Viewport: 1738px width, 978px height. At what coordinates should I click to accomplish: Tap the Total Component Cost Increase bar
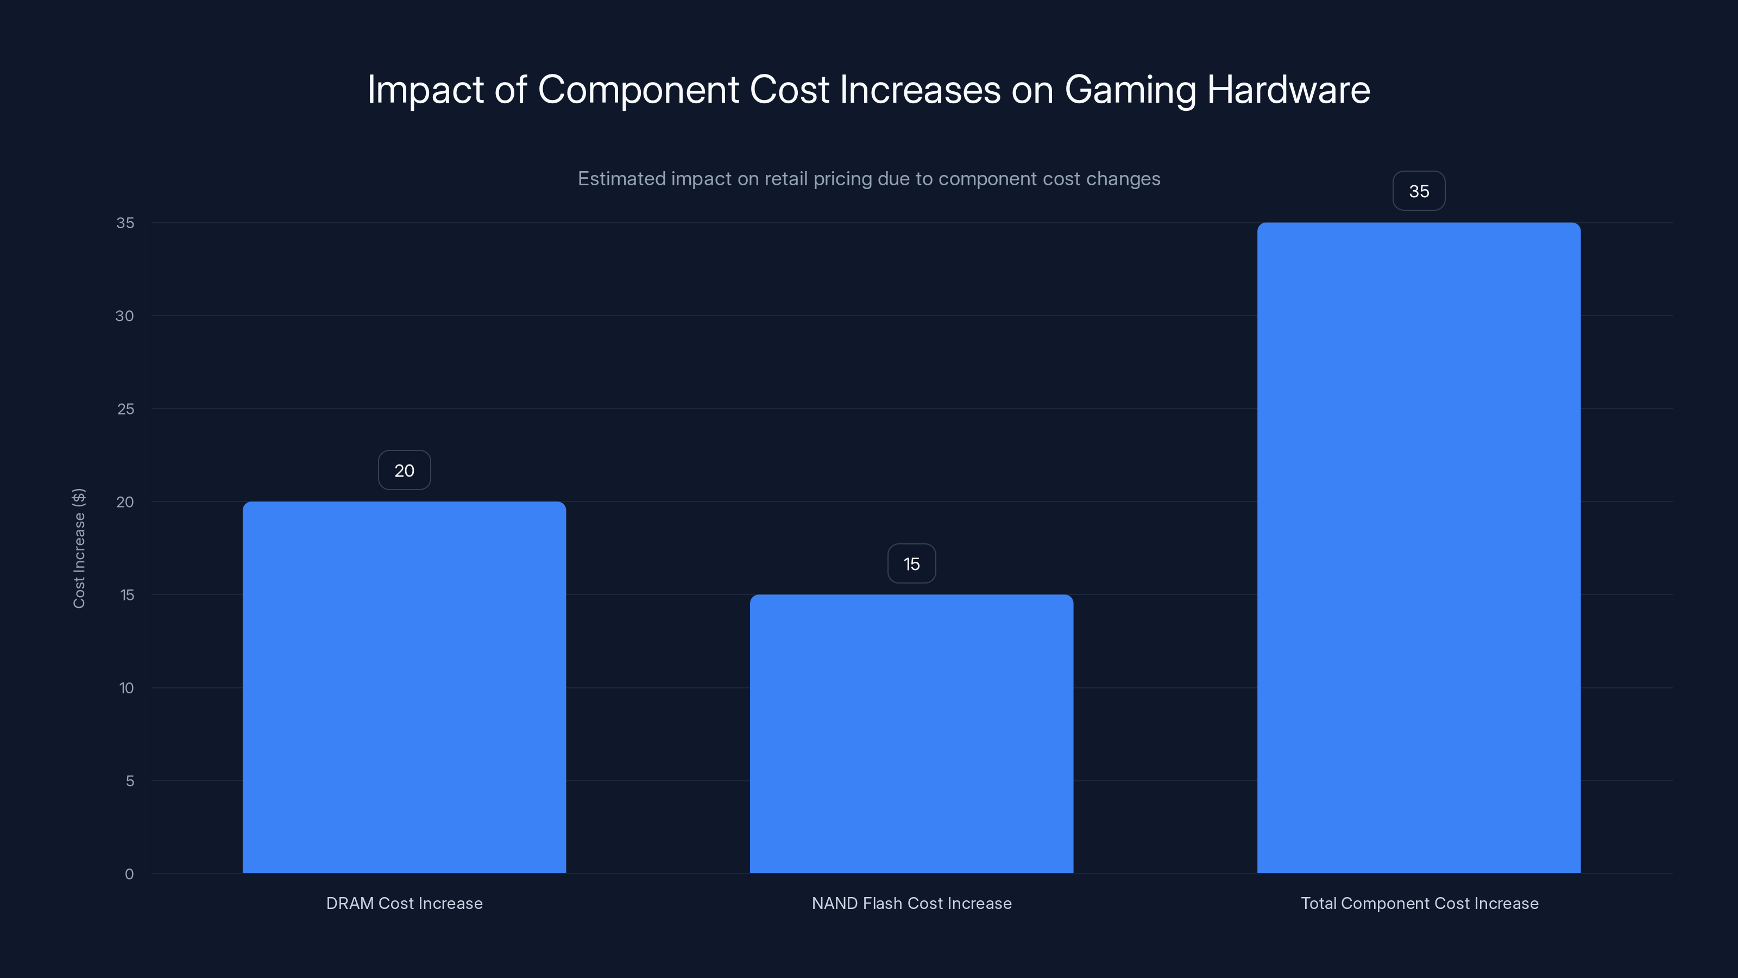click(x=1419, y=547)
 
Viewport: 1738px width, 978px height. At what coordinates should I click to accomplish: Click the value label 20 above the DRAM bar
click(x=404, y=471)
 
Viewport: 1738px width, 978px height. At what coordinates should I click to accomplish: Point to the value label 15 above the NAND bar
click(x=911, y=563)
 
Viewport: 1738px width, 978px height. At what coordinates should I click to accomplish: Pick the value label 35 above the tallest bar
click(x=1419, y=191)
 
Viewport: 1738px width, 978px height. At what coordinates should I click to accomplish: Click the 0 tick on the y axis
click(x=129, y=874)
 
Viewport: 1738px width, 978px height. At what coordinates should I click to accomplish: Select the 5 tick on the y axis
click(x=130, y=781)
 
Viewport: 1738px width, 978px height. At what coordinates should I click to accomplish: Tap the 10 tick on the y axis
click(x=126, y=688)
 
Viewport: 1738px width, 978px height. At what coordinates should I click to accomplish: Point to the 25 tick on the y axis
click(x=125, y=409)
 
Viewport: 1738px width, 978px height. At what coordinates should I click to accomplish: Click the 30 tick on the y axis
click(x=124, y=316)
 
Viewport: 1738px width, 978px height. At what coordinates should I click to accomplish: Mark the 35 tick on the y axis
click(x=125, y=223)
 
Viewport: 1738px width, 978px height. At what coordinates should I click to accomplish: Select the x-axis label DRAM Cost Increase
click(x=404, y=903)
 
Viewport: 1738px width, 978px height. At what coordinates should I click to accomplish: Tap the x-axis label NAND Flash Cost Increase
click(x=911, y=903)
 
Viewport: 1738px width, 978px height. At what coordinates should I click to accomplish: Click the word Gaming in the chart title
click(x=1130, y=90)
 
